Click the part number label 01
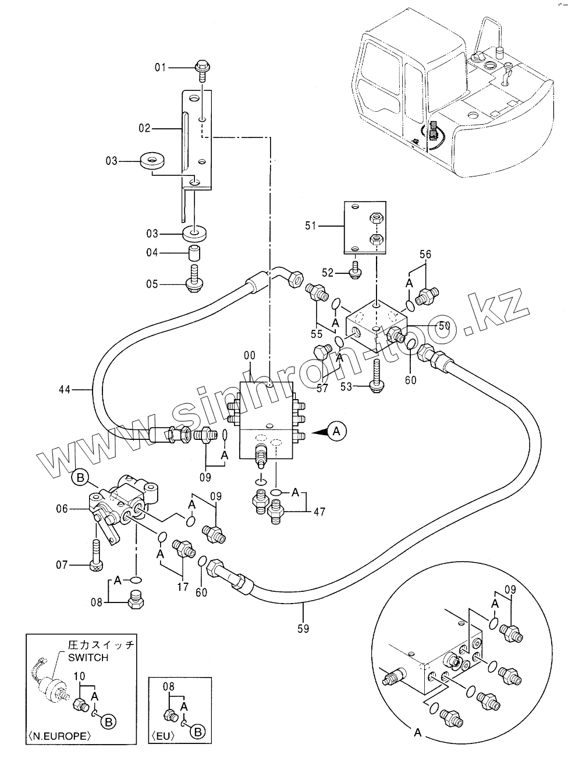[160, 67]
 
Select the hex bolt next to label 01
[203, 70]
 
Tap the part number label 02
[145, 128]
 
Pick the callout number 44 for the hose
[65, 390]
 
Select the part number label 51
[311, 225]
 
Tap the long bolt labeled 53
[377, 377]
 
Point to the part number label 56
[425, 254]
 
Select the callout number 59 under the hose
[303, 629]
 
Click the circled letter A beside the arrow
[337, 431]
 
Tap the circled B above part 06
[80, 478]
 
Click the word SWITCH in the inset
[88, 658]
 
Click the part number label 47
[319, 512]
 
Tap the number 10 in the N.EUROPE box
[79, 676]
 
